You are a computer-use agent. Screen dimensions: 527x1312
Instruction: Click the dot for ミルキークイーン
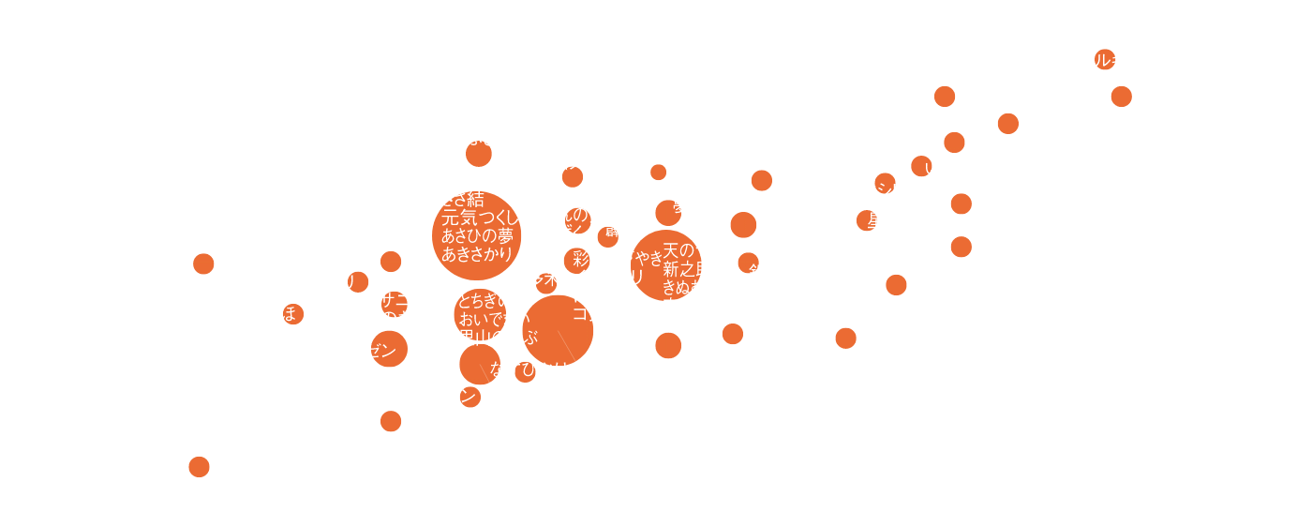coord(1105,59)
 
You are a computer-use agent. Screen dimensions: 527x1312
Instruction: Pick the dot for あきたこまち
coord(199,466)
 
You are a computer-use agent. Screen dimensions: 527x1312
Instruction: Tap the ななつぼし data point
coord(203,263)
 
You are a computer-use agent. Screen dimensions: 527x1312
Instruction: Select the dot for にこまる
coord(945,96)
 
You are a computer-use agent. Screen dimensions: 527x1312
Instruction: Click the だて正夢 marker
coord(1121,96)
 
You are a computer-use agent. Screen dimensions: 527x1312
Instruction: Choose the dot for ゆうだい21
coord(845,339)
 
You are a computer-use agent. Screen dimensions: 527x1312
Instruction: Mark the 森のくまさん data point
coord(896,285)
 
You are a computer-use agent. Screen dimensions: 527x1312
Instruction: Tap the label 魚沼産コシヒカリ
coord(871,192)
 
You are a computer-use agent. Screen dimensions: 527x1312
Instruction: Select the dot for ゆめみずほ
coord(294,314)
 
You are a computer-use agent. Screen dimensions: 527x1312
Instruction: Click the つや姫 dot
coord(733,333)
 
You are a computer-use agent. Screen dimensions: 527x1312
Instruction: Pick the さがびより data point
coord(961,247)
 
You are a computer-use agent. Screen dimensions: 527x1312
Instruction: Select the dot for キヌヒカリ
coord(359,281)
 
